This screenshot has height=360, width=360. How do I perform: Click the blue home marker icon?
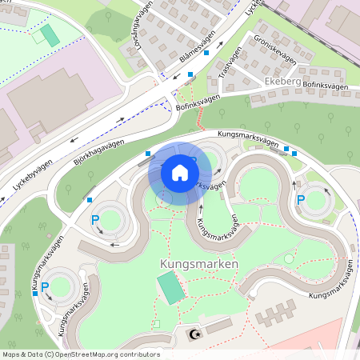click(180, 173)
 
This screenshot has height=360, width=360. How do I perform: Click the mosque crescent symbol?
click(193, 334)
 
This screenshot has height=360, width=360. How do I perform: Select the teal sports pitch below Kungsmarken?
click(170, 288)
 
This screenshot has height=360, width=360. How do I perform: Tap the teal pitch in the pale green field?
click(50, 35)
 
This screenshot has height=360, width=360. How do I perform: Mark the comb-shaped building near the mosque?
click(276, 316)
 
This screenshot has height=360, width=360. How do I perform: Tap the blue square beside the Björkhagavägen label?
click(147, 153)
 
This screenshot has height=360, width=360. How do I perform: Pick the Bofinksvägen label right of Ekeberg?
click(326, 85)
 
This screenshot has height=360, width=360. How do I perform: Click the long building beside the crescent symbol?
click(218, 327)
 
